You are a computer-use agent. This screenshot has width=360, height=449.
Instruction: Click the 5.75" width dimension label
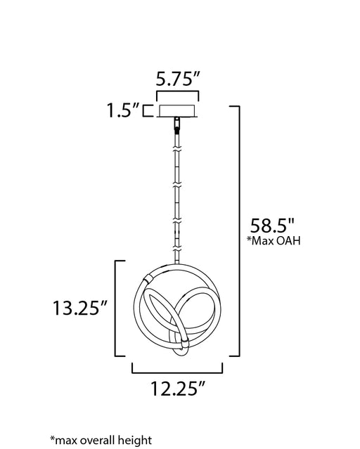pos(177,79)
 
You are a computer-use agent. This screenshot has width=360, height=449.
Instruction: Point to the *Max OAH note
pos(274,241)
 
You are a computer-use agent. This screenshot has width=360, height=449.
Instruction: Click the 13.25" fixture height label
pos(79,308)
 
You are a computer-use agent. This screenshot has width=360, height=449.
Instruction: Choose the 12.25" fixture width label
pos(178,389)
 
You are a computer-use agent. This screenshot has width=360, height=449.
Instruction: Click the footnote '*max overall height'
pos(101,440)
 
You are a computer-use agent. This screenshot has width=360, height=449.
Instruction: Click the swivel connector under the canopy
pos(178,124)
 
